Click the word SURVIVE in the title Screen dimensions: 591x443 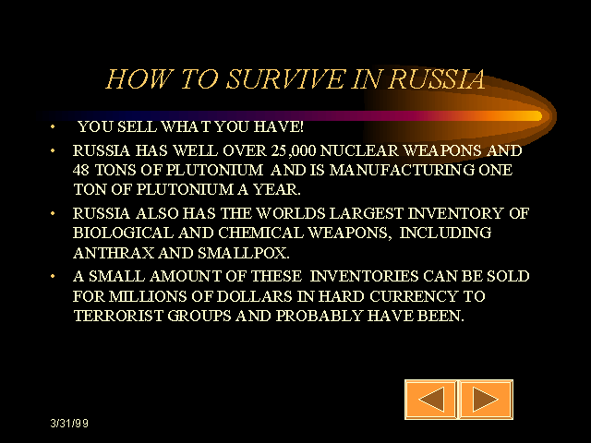pyautogui.click(x=285, y=79)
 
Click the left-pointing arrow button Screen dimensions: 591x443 pyautogui.click(x=431, y=400)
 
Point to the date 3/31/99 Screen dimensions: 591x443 pyautogui.click(x=69, y=423)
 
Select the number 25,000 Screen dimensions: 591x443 pyautogui.click(x=294, y=150)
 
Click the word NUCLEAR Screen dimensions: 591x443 pyautogui.click(x=359, y=150)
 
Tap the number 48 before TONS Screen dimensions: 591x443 pyautogui.click(x=81, y=170)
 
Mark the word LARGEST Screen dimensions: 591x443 pyautogui.click(x=367, y=213)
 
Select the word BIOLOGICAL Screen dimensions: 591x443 pyautogui.click(x=123, y=233)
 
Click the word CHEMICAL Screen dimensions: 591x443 pyautogui.click(x=260, y=233)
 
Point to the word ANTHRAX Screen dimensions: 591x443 pyautogui.click(x=114, y=253)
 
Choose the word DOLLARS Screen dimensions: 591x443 pyautogui.click(x=255, y=296)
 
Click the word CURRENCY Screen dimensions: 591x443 pyautogui.click(x=414, y=296)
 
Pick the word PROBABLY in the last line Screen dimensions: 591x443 pyautogui.click(x=320, y=316)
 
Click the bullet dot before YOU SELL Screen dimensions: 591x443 pyautogui.click(x=53, y=126)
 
